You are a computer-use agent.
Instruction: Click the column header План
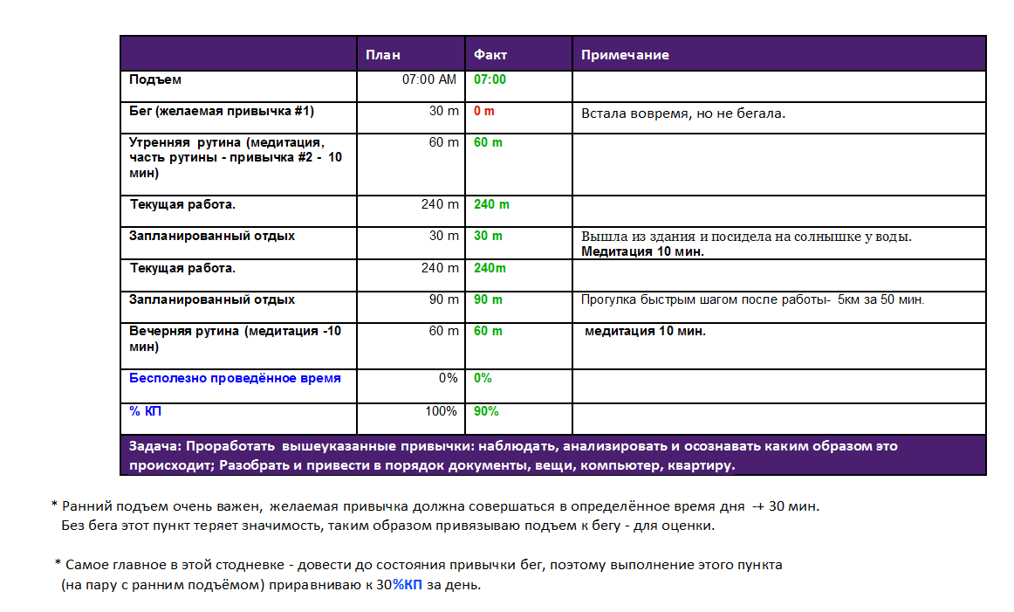(383, 55)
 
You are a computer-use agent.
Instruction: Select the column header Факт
(490, 55)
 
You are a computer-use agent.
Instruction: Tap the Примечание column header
(625, 55)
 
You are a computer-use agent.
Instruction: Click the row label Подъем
(155, 79)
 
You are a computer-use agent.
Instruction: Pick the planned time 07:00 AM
(428, 79)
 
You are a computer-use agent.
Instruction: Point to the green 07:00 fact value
(490, 79)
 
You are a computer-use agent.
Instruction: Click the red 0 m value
(483, 112)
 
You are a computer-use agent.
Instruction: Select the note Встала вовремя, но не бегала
(683, 114)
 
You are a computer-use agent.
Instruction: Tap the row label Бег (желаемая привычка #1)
(222, 112)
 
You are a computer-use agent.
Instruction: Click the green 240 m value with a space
(491, 204)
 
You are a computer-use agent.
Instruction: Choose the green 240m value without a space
(490, 268)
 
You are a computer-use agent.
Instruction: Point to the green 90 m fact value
(488, 299)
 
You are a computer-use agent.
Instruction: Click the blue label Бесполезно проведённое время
(235, 378)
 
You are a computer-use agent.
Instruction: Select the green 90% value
(486, 411)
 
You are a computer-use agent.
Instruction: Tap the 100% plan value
(442, 411)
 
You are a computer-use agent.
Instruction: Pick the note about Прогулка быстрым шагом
(752, 300)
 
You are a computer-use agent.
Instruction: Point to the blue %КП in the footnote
(407, 585)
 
